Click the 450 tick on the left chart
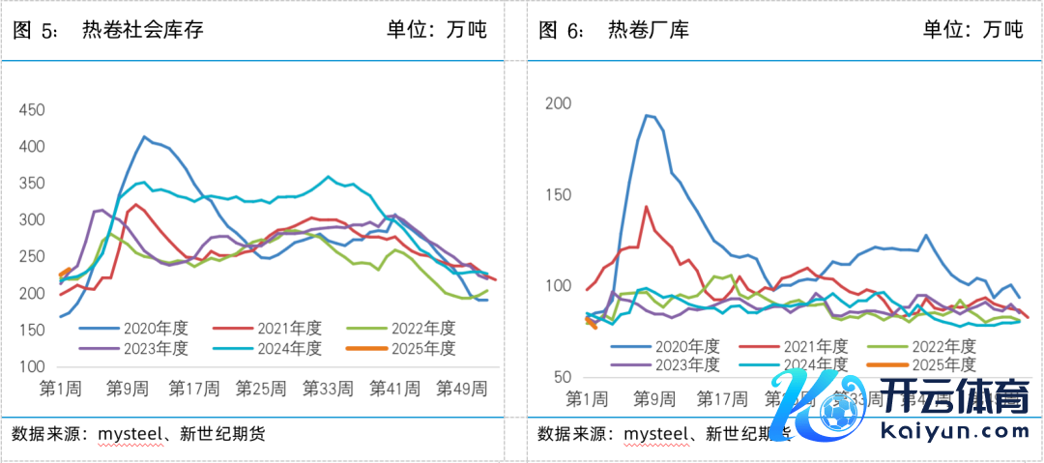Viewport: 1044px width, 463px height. [32, 110]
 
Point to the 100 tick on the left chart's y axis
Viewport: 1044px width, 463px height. [32, 367]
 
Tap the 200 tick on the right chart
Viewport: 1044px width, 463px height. [559, 103]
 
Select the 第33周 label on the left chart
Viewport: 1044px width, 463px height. [325, 389]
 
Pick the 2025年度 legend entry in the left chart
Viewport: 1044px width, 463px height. [422, 348]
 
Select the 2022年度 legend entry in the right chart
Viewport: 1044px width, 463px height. [942, 345]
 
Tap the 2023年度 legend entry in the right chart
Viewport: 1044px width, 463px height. [687, 364]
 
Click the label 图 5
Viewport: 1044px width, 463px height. [36, 30]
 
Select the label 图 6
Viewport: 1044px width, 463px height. [562, 30]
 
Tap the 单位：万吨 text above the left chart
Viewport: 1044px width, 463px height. [438, 30]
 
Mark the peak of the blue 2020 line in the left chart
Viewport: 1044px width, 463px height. [145, 136]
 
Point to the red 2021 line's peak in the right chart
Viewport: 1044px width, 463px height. [646, 206]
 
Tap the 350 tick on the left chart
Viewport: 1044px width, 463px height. [32, 184]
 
